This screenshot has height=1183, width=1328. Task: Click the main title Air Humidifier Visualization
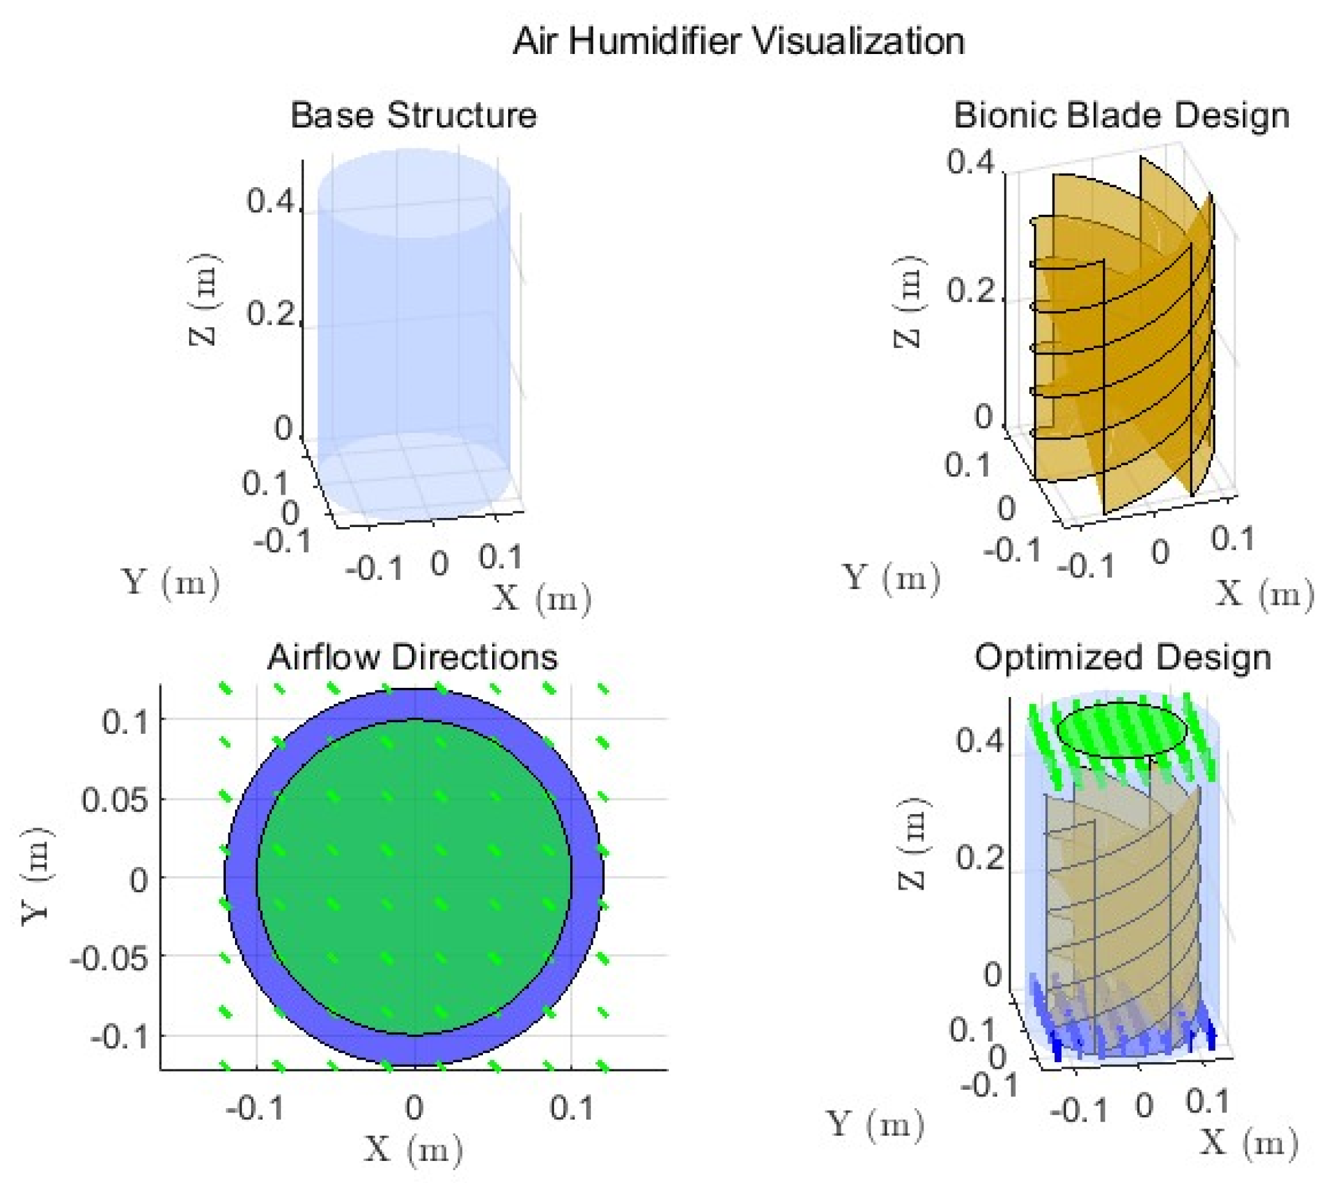738,42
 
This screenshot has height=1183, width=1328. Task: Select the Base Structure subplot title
414,115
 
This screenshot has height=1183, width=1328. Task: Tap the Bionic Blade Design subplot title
1121,116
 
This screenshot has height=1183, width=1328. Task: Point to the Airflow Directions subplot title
413,657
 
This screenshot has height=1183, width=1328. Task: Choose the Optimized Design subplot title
1122,657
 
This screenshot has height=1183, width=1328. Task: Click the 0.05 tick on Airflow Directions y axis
114,800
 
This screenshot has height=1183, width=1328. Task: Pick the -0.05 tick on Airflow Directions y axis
109,957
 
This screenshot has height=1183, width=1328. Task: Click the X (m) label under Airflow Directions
414,1150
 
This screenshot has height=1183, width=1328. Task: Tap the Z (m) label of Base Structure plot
205,298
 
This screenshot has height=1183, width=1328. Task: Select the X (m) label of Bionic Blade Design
1264,593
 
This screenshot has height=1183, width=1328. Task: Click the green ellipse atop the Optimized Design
1122,730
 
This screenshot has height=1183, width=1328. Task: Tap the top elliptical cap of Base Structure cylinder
414,193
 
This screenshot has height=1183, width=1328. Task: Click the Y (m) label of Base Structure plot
171,582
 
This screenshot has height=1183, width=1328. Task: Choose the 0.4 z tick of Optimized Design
979,740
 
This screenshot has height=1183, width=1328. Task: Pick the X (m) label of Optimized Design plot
1249,1142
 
